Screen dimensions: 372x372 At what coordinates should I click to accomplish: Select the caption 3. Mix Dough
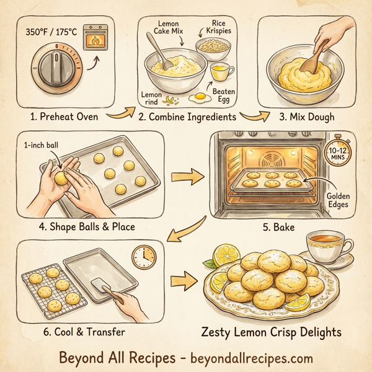299,117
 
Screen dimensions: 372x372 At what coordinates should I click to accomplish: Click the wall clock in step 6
144,257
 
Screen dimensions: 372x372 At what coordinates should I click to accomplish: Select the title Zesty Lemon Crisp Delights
272,332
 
